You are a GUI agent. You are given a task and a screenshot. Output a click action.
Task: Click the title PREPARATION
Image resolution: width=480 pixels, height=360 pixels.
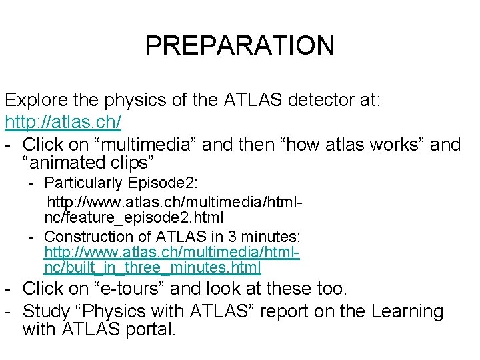239,45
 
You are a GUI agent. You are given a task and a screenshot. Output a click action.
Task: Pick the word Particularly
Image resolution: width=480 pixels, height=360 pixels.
83,183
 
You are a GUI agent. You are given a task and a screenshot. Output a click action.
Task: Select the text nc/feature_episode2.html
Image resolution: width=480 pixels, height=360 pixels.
134,217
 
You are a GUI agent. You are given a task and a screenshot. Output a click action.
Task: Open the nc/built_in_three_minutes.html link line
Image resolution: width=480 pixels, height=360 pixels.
153,268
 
